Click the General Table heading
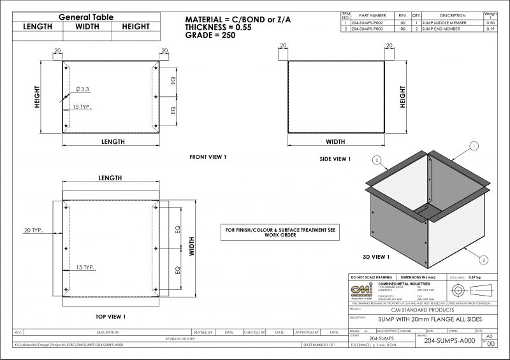[x=86, y=17]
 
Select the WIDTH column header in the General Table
[x=87, y=27]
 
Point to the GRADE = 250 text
[x=210, y=36]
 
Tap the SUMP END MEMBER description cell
[x=443, y=29]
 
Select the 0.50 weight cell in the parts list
[x=491, y=22]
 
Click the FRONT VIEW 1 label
[x=208, y=156]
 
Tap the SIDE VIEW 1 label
[x=335, y=159]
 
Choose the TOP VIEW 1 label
[x=110, y=317]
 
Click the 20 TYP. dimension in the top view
[x=33, y=230]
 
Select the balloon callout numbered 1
[x=474, y=146]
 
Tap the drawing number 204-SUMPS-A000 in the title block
[x=449, y=341]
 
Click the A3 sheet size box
[x=489, y=336]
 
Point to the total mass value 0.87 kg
[x=474, y=278]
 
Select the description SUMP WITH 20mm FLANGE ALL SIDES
[x=421, y=319]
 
